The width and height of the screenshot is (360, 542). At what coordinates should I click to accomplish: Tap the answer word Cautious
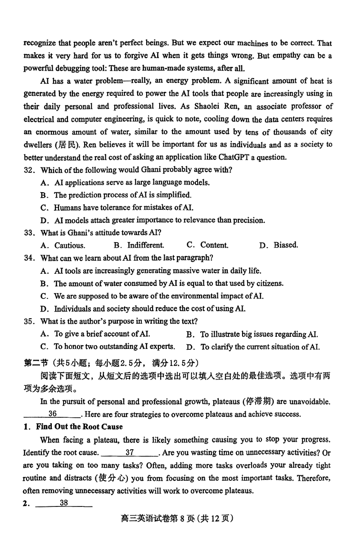(70, 245)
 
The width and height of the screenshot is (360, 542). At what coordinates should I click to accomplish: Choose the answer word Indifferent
(145, 245)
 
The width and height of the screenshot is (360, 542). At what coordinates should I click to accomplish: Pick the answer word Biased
(286, 245)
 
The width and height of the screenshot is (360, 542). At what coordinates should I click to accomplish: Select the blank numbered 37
(130, 452)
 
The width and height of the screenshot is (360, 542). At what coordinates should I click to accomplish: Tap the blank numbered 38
(63, 504)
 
